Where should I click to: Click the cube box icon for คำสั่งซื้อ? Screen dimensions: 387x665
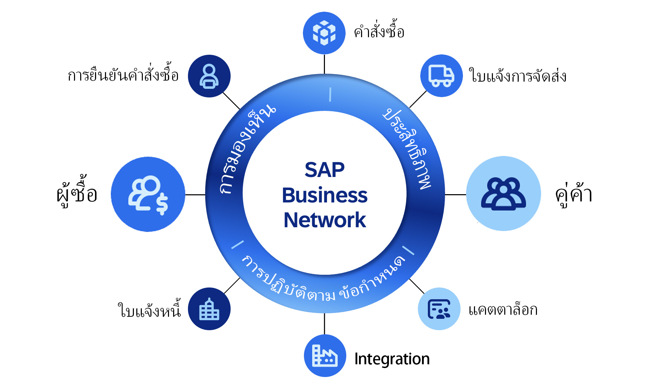click(x=324, y=33)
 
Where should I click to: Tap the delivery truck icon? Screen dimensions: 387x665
click(x=441, y=76)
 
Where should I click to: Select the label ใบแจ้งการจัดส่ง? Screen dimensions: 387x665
click(x=517, y=76)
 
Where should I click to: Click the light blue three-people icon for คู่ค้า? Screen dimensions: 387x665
click(x=503, y=194)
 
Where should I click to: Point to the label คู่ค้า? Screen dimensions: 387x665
click(x=573, y=195)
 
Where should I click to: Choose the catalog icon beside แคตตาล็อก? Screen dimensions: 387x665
click(x=439, y=309)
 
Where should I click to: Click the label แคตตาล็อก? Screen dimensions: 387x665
click(x=503, y=310)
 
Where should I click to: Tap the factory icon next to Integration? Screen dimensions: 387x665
click(x=325, y=355)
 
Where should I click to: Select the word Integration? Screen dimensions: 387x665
click(x=392, y=359)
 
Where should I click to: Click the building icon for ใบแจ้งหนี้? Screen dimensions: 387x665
click(x=209, y=309)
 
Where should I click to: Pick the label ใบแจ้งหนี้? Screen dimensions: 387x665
click(x=149, y=310)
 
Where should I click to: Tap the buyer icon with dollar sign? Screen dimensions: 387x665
click(x=148, y=194)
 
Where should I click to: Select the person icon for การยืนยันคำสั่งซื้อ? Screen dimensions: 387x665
click(x=209, y=76)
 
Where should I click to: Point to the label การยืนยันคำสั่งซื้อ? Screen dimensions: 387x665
click(x=123, y=75)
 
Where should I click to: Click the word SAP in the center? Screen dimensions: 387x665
click(x=325, y=170)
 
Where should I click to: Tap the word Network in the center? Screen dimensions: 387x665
click(x=325, y=220)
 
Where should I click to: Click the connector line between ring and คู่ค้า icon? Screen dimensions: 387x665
click(x=455, y=195)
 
